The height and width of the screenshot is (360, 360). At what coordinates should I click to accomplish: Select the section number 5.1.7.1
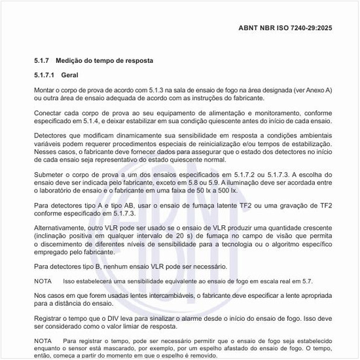(x=46, y=75)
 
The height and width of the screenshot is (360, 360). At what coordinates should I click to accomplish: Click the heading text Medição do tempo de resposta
(x=112, y=60)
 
